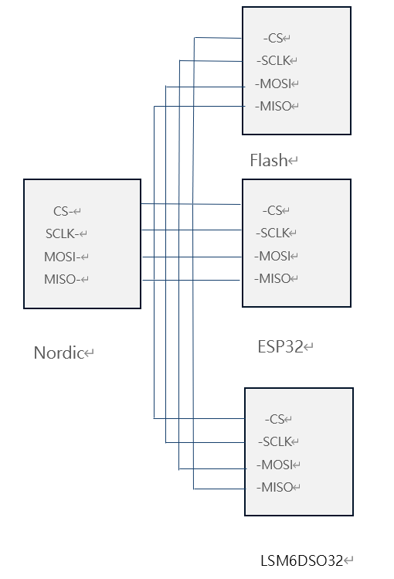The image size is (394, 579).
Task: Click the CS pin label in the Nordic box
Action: (63, 211)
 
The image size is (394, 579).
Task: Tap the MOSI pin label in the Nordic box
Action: (62, 257)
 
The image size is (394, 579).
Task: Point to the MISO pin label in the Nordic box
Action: (62, 280)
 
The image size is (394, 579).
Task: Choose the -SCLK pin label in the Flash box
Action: (273, 60)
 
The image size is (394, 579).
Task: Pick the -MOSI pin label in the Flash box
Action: (273, 83)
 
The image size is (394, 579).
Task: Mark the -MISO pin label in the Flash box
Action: (273, 106)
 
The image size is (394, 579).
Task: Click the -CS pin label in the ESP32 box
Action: (273, 210)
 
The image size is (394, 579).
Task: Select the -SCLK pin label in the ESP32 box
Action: (273, 233)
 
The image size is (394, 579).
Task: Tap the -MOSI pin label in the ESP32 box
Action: (273, 256)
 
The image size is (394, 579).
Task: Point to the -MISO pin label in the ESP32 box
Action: (273, 278)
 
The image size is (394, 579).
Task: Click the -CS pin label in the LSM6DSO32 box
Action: (275, 419)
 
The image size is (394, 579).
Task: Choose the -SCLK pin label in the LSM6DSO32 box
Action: (275, 441)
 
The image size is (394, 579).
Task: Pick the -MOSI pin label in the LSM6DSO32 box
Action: (275, 465)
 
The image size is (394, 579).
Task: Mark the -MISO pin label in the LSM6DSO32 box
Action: (275, 487)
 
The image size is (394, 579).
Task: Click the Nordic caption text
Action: (59, 353)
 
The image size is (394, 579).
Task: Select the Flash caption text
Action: (269, 161)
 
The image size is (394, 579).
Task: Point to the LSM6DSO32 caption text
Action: (301, 560)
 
